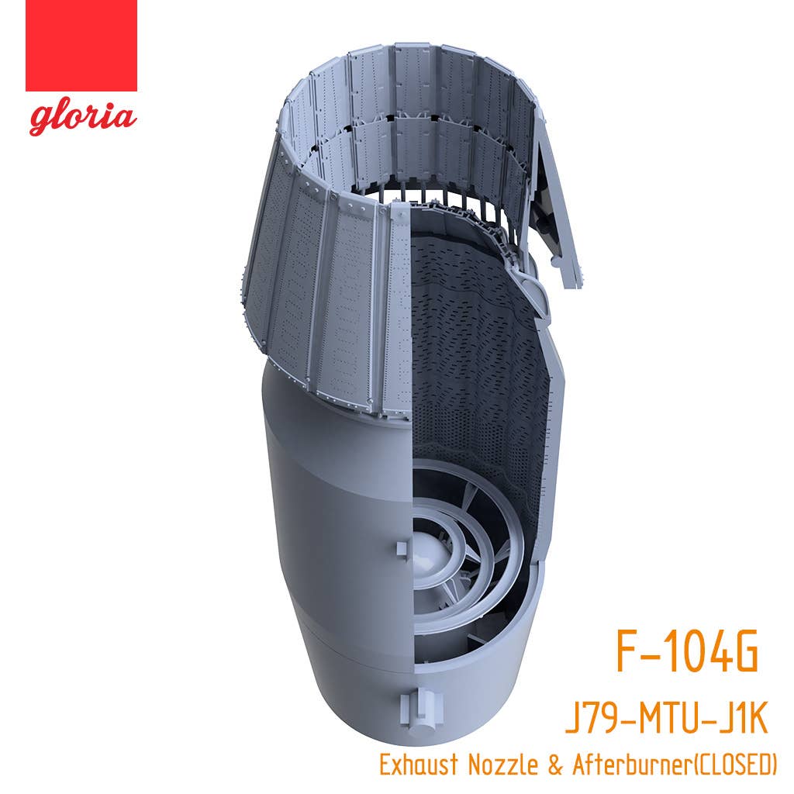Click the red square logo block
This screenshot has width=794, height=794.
tap(81, 46)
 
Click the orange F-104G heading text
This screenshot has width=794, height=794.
tap(687, 651)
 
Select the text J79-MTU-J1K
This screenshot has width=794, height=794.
tap(666, 719)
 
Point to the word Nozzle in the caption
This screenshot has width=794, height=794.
tap(502, 765)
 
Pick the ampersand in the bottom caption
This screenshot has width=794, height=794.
tap(554, 765)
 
